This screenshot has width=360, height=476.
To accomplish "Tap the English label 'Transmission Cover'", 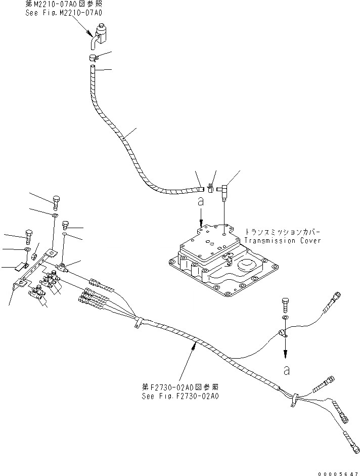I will pyautogui.click(x=283, y=241).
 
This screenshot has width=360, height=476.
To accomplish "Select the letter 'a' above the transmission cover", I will pyautogui.click(x=201, y=201).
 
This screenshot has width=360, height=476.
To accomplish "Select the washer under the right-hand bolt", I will pyautogui.click(x=285, y=318).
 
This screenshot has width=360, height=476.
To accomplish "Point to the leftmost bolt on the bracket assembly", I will pyautogui.click(x=28, y=235).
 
